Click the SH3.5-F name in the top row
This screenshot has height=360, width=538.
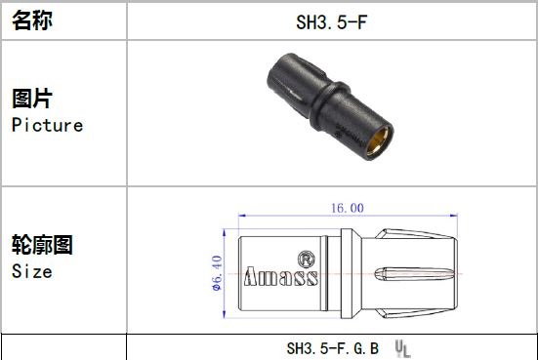[331, 22]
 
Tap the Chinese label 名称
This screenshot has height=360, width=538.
[32, 20]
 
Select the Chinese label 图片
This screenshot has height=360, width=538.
[32, 99]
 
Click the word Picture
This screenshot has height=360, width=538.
[47, 125]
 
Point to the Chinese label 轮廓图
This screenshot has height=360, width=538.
[42, 245]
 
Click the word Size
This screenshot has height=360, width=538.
[32, 271]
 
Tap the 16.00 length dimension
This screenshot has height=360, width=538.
[348, 208]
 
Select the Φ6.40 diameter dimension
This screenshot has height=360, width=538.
[217, 273]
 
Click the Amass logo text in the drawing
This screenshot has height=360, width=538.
[281, 276]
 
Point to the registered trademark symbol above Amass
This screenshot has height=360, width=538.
[306, 259]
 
